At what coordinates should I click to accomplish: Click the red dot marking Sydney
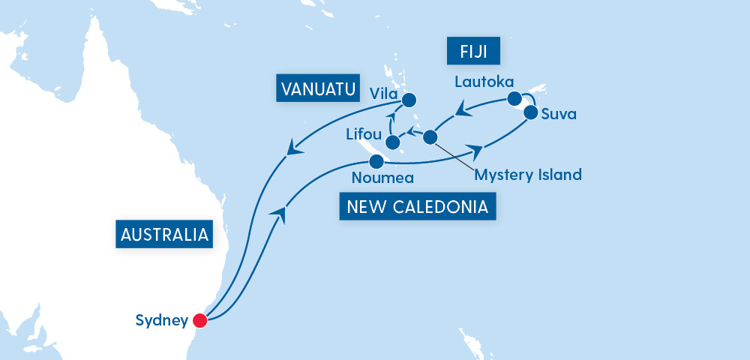199,321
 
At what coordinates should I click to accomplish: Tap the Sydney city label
161,321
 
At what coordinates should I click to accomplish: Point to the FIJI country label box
473,53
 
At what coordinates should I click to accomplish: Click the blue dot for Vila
409,99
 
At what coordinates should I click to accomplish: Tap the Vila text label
384,94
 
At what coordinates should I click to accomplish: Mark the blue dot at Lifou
392,142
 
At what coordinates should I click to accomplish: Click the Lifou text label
364,136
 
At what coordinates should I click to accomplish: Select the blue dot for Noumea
377,160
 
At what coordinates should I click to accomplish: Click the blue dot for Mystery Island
430,137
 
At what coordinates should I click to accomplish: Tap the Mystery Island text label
529,175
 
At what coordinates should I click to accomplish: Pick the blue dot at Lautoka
514,98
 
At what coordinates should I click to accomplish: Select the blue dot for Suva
530,113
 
